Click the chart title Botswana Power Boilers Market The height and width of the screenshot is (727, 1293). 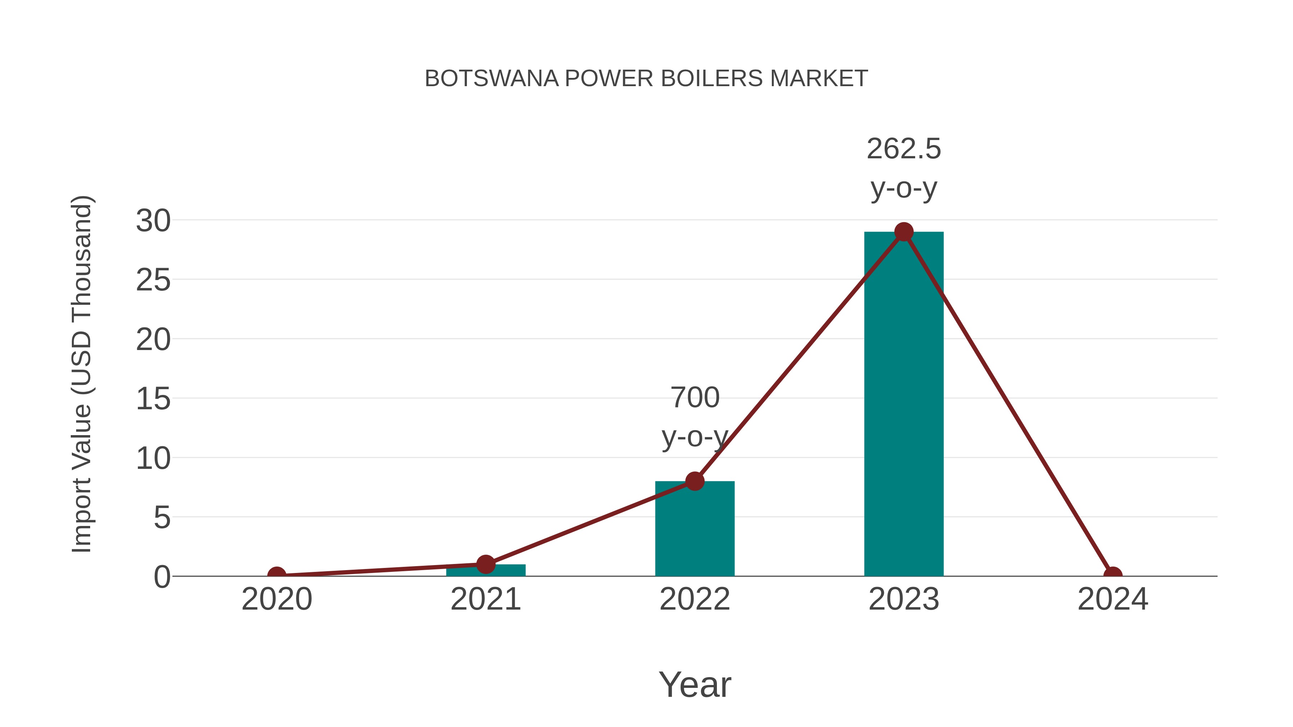pos(646,79)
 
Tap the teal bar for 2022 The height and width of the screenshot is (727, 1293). pos(695,532)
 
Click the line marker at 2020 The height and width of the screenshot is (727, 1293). pos(277,575)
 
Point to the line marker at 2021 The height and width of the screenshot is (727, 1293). pos(485,564)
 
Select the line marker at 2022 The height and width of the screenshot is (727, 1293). pos(695,481)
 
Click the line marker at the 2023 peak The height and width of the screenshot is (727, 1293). pos(904,232)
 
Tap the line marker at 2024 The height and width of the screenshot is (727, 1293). pos(1113,575)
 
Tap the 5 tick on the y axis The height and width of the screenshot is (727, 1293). pos(162,517)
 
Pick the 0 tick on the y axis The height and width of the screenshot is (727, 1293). pos(162,577)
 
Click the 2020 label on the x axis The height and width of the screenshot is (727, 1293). pos(277,599)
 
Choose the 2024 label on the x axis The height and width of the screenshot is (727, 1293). pos(1113,599)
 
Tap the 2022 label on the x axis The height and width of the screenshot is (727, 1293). pos(695,599)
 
